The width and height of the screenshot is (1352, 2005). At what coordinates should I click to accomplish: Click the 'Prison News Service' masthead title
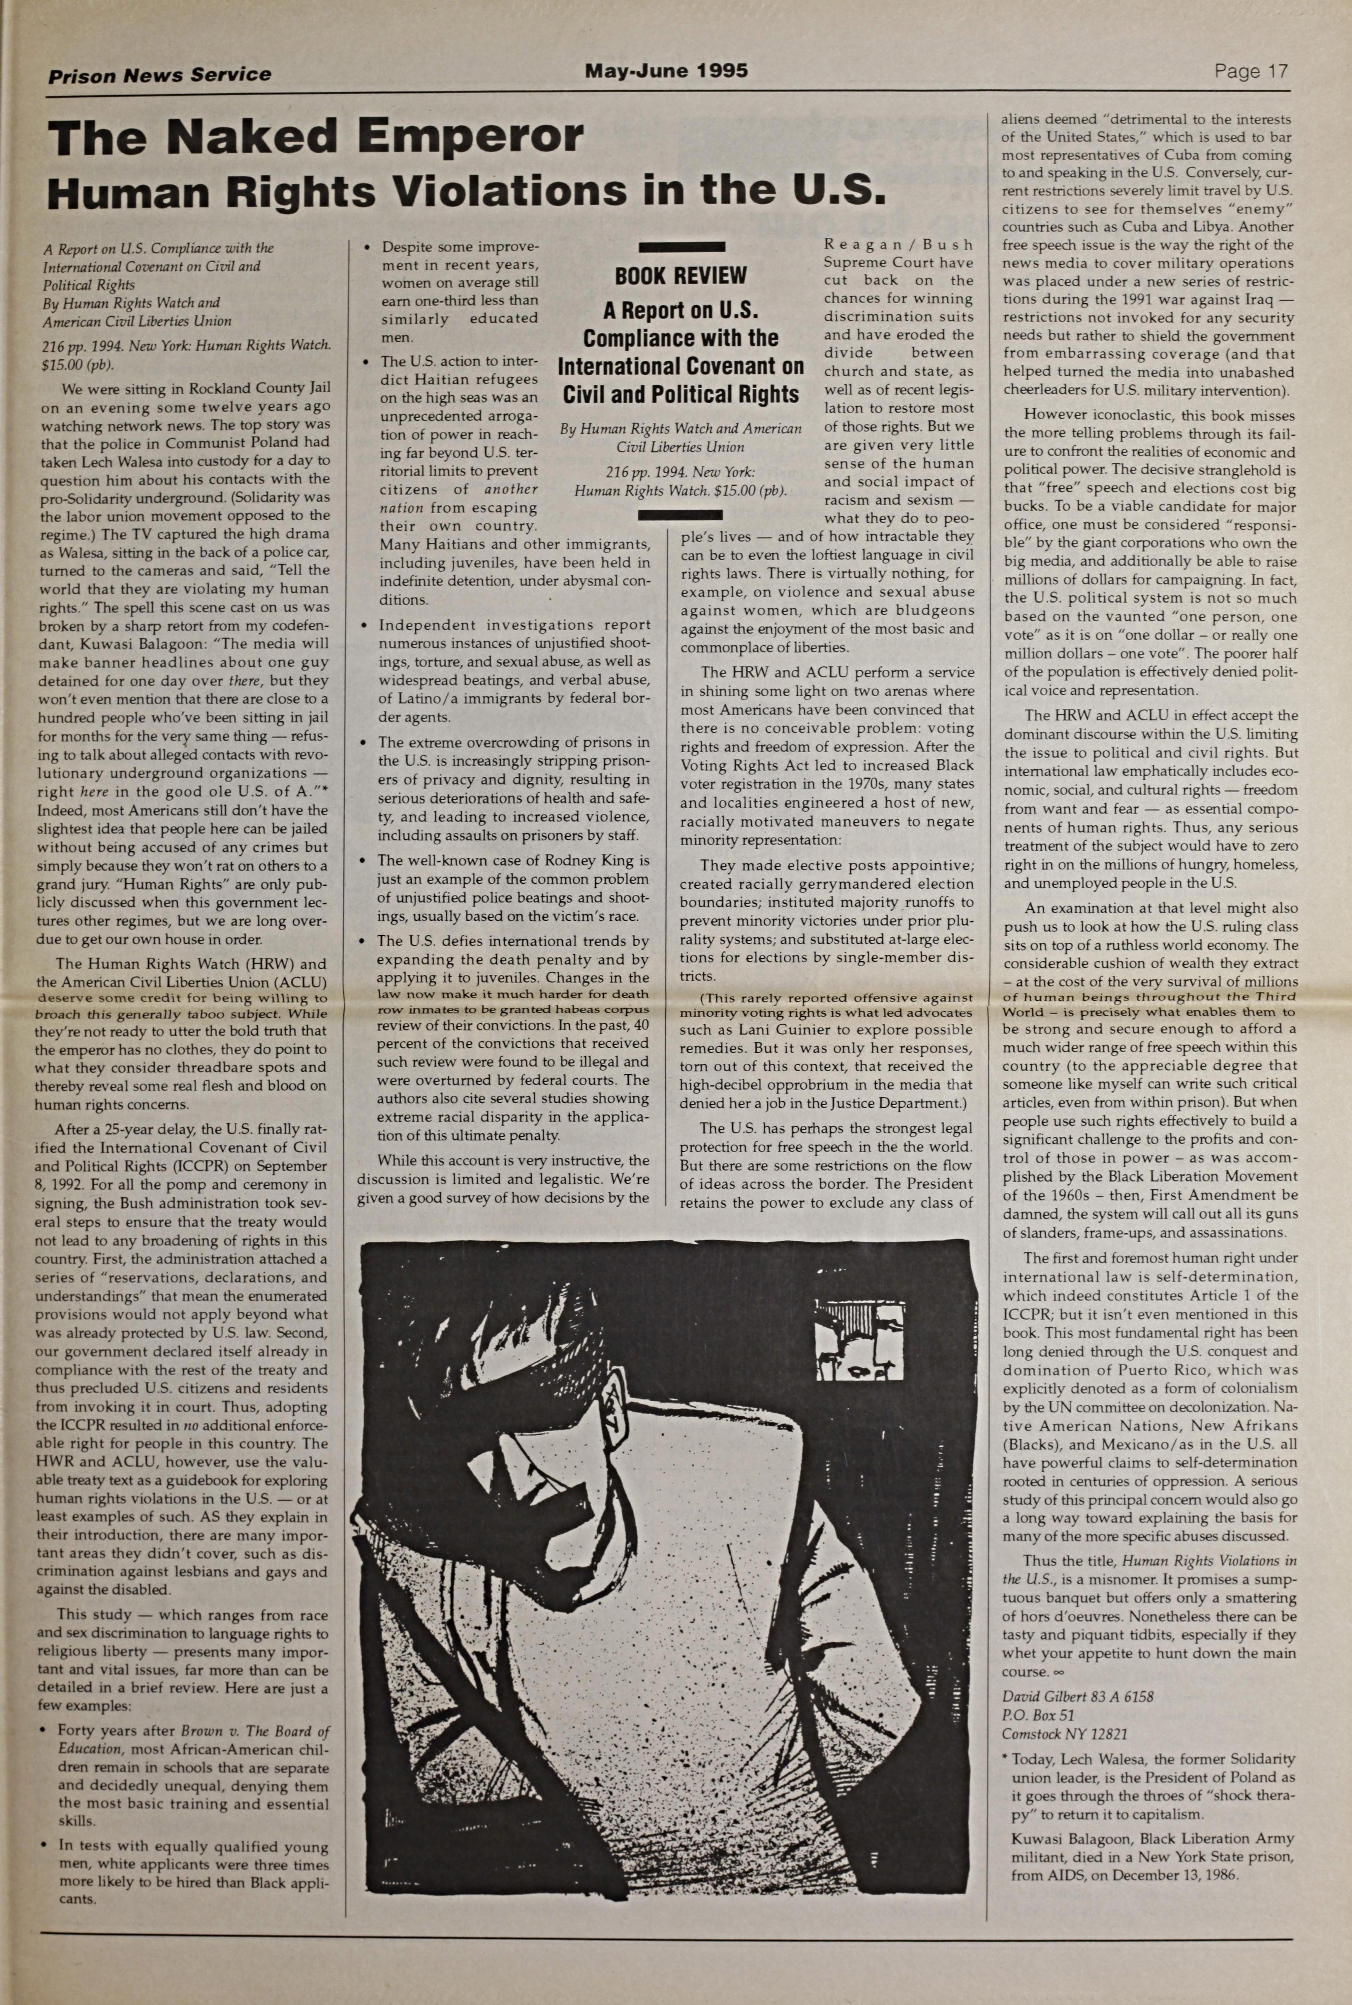[159, 75]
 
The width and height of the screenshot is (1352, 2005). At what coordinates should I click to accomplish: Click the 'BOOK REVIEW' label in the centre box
[680, 276]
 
